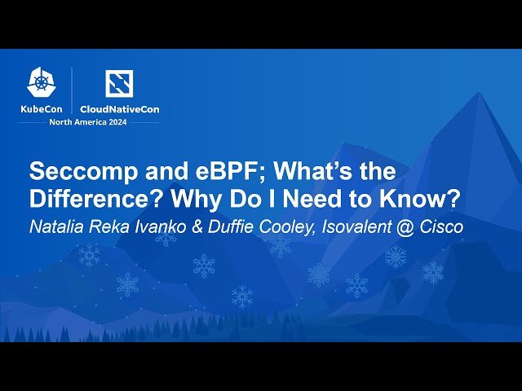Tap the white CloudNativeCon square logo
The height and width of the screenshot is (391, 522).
(119, 82)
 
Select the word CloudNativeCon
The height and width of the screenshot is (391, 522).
(119, 108)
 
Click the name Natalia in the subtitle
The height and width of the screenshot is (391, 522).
(56, 227)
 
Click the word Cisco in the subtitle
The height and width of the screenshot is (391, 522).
(441, 227)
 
